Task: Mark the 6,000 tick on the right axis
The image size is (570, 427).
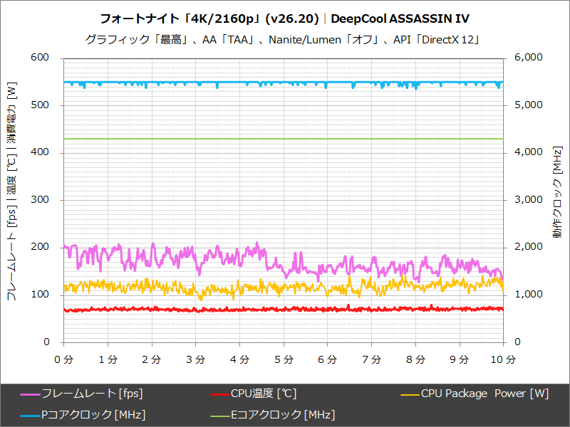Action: coord(528,58)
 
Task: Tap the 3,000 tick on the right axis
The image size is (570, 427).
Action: coord(528,200)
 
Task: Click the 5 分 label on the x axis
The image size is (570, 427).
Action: coord(284,360)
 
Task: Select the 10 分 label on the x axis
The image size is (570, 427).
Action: coord(503,360)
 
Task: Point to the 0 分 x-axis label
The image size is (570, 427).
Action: coord(64,360)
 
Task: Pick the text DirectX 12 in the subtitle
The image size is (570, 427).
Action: coord(450,40)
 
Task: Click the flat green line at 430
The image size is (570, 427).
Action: coord(285,139)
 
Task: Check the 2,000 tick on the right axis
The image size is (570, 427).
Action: coord(528,247)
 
